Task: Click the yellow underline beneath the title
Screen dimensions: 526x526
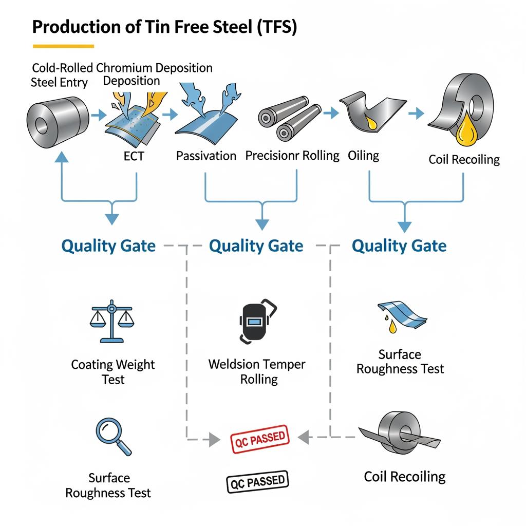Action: pos(63,46)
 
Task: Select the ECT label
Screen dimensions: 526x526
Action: pos(134,156)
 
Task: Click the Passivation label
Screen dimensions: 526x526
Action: pos(206,156)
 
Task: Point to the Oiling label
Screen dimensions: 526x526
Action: pos(363,155)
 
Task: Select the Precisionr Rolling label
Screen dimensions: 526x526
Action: pos(292,155)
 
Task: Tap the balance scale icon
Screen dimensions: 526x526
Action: pos(110,323)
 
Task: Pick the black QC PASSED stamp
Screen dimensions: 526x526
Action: pos(257,481)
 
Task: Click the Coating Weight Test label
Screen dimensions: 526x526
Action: pos(112,372)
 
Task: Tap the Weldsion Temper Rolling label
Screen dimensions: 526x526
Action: pos(257,372)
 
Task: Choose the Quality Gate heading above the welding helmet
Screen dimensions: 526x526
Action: pos(256,246)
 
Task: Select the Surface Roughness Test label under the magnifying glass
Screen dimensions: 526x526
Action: pos(108,485)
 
